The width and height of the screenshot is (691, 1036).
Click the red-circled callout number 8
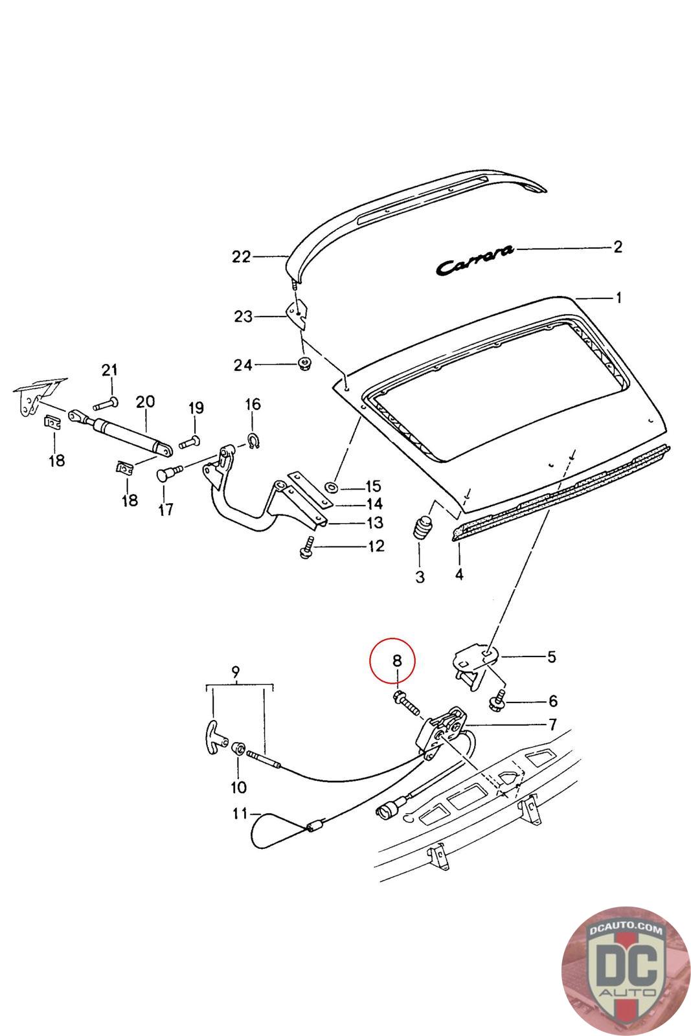coord(397,661)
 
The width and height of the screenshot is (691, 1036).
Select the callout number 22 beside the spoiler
coord(241,257)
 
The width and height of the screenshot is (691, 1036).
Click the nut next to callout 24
coord(303,365)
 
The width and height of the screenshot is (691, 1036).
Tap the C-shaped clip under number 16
coord(252,440)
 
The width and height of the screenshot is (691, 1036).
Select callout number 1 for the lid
coord(618,298)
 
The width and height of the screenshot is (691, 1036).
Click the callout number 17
coord(166,510)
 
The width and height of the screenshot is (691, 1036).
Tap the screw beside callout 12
coord(306,547)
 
